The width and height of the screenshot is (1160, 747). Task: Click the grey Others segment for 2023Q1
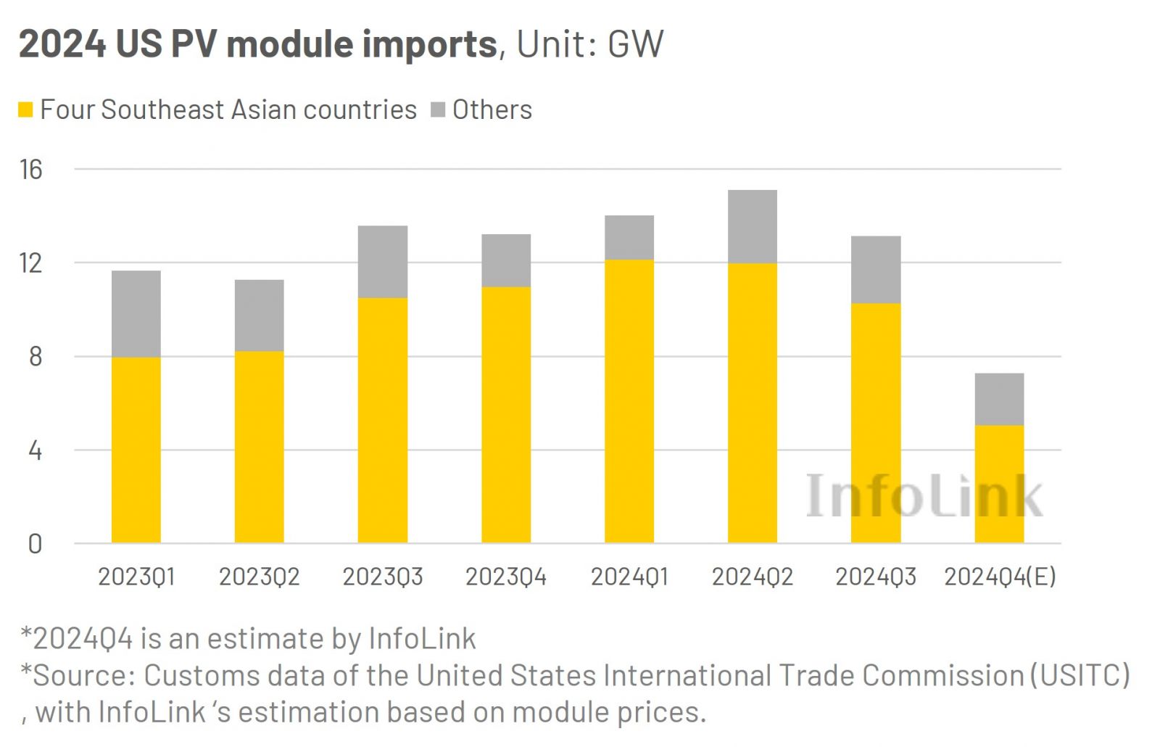point(136,313)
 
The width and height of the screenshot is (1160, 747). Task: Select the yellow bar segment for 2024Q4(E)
point(999,484)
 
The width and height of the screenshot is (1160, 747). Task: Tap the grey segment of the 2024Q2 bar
point(753,226)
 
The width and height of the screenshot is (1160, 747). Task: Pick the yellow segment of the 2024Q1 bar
point(629,401)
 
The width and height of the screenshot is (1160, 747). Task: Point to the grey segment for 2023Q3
point(383,262)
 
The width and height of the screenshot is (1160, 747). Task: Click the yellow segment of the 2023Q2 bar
point(260,447)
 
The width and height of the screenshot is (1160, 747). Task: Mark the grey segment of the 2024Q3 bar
point(876,270)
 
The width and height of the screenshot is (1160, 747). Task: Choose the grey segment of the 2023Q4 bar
point(506,260)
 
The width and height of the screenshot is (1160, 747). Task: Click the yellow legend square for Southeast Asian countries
point(25,110)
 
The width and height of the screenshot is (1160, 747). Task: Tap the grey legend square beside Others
point(438,110)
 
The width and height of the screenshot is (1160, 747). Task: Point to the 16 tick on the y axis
point(31,170)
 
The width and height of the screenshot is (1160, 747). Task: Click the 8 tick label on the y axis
point(35,357)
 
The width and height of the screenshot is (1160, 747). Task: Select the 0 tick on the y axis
point(35,544)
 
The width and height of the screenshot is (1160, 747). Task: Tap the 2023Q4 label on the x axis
point(506,577)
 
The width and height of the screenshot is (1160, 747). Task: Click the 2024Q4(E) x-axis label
point(1000,577)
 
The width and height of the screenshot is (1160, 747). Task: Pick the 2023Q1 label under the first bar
point(136,577)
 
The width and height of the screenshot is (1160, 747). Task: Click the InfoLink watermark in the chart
point(924,496)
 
